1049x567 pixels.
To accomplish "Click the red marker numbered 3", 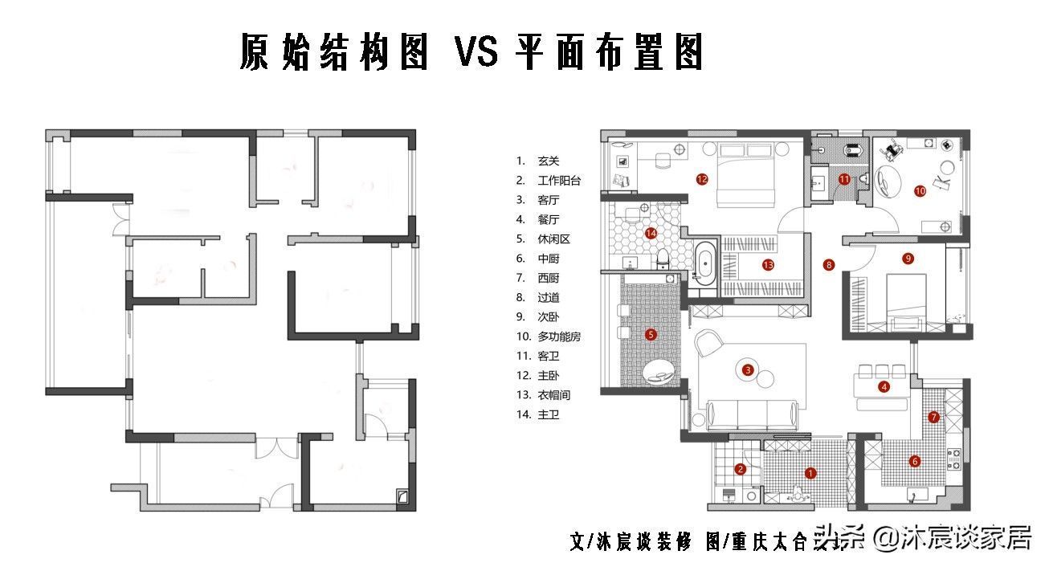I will [x=748, y=370].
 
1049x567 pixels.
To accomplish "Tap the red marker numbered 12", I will [x=702, y=179].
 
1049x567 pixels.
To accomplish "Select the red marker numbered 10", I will [x=920, y=191].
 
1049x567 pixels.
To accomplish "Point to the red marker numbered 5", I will [x=651, y=334].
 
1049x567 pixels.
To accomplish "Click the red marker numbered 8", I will [x=830, y=263].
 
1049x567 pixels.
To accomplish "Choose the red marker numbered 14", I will [x=651, y=234].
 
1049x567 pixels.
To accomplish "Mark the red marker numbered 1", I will [x=810, y=473].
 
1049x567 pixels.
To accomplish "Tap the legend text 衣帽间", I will [x=553, y=395].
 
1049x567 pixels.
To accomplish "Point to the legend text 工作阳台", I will [x=558, y=181].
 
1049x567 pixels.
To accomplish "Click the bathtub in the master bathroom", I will [x=705, y=263].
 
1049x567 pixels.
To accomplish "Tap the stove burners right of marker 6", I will [x=954, y=459].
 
